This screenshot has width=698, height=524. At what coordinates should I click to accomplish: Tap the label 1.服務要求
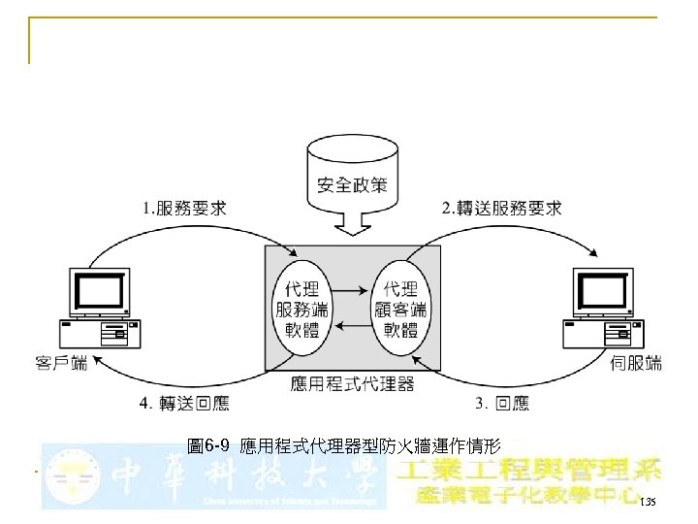click(x=187, y=209)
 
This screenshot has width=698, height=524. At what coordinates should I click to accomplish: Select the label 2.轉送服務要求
click(x=501, y=209)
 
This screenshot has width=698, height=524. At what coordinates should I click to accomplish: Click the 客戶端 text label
click(x=61, y=364)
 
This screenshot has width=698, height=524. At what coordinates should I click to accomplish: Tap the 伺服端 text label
click(x=636, y=364)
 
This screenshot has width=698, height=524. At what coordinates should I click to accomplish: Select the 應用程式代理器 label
click(x=353, y=384)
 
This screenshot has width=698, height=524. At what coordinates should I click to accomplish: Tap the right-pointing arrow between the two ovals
click(x=353, y=289)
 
